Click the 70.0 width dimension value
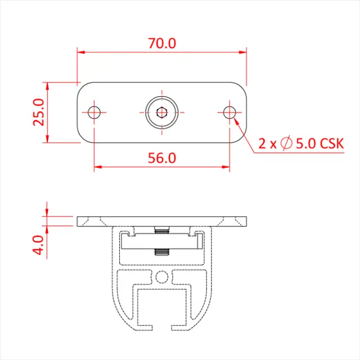(x=162, y=43)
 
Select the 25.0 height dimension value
(x=38, y=112)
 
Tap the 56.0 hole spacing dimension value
(x=162, y=158)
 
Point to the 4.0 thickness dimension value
(x=38, y=245)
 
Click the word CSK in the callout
(x=331, y=144)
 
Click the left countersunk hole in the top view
(x=94, y=112)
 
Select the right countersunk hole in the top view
(x=229, y=112)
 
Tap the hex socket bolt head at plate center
(x=161, y=112)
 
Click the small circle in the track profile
(x=162, y=276)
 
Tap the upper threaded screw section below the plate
(x=162, y=231)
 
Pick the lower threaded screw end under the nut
(x=162, y=251)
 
